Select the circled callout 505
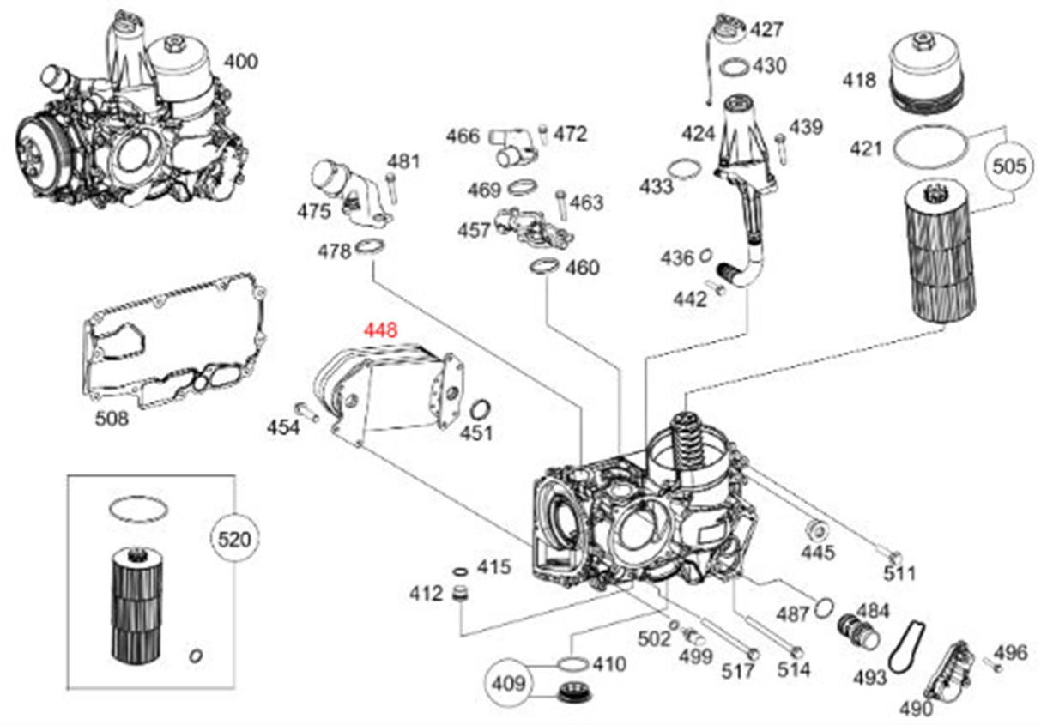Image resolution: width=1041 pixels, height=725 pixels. tap(1008, 166)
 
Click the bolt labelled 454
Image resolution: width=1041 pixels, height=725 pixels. tap(306, 411)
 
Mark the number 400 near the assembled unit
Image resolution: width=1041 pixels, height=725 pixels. tap(240, 61)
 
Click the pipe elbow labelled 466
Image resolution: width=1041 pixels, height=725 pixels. tap(509, 146)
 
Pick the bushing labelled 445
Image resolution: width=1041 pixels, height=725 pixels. tap(814, 530)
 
